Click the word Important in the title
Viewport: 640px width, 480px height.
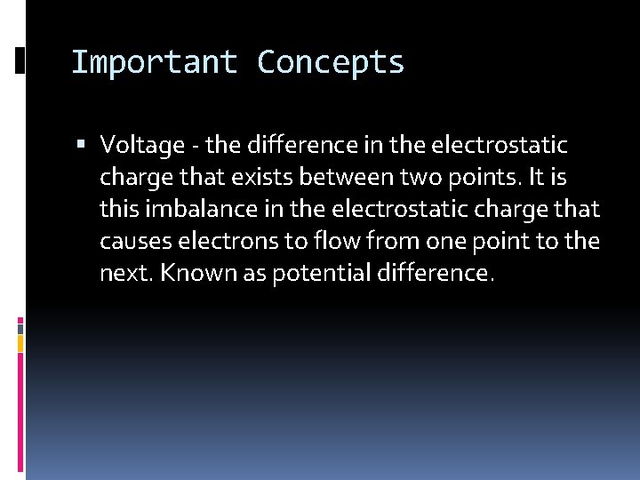[x=154, y=62]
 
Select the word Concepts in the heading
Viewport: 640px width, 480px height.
[x=331, y=62]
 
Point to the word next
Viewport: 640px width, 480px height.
[x=124, y=274]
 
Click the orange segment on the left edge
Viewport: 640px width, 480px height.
[x=20, y=341]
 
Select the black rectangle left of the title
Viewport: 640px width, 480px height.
[x=20, y=61]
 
